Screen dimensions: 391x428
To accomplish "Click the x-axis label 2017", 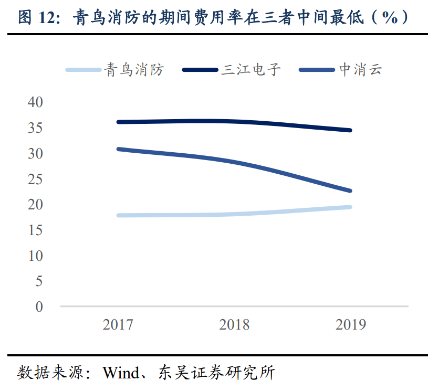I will (x=118, y=325).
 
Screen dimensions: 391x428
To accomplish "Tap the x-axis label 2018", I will (x=234, y=325).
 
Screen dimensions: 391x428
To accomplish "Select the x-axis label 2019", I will (x=350, y=325).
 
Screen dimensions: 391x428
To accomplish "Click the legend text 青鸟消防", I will (x=134, y=69).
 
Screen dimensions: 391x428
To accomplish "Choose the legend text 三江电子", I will (x=251, y=69).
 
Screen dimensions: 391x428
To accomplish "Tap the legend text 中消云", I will (x=361, y=69).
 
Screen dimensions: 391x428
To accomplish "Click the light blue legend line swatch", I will (x=83, y=70).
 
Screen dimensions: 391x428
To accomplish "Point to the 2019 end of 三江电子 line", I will (x=350, y=130).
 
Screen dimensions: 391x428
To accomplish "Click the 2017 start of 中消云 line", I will (x=119, y=149).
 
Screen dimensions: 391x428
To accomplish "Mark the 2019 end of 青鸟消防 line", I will (x=350, y=207).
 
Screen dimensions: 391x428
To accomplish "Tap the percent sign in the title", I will (x=390, y=18).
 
